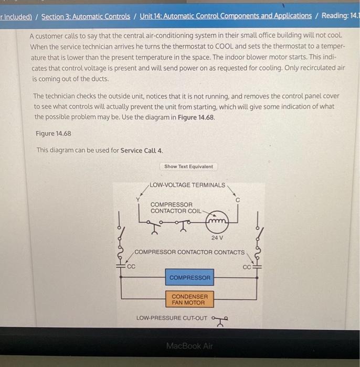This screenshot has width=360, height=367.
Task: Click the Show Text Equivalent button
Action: (x=188, y=166)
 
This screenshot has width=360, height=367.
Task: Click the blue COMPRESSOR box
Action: (x=189, y=277)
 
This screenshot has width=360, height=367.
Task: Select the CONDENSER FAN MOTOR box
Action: (x=189, y=299)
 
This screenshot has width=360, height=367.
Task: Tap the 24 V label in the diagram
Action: (x=217, y=238)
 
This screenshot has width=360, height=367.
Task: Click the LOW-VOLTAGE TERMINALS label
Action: (x=187, y=185)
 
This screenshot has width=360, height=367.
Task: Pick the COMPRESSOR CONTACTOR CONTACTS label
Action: (x=189, y=252)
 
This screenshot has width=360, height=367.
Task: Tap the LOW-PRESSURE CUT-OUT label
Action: (x=172, y=318)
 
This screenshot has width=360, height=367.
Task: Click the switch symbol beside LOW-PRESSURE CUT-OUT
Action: (x=219, y=318)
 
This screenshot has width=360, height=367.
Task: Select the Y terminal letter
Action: (x=138, y=199)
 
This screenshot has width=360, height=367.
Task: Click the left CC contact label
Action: (x=131, y=266)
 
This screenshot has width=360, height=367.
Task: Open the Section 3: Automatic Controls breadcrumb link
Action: (x=86, y=16)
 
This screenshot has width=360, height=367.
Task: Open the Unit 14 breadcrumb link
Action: (x=226, y=16)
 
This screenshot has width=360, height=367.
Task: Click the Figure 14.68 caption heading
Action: (x=53, y=133)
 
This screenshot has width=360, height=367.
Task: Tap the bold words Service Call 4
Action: (x=142, y=150)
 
